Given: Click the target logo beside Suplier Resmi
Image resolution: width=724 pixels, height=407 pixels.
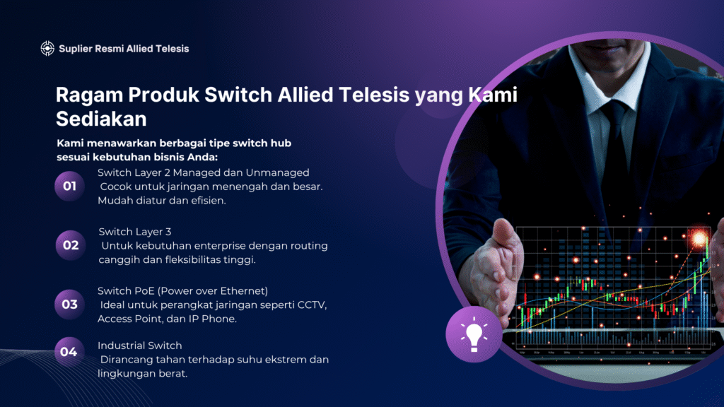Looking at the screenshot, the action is pos(47,49).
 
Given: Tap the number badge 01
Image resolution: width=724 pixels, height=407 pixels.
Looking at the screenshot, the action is pos(70,186).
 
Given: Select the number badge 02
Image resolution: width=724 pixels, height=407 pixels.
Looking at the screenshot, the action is pos(71,245).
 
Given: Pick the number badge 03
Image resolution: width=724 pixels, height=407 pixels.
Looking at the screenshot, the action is pos(70,304).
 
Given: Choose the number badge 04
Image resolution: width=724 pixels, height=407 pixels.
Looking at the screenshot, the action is pos(69,352).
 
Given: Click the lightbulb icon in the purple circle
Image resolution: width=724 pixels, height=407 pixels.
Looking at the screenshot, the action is pos(474,336).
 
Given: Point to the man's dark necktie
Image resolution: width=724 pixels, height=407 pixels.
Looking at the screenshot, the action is pos(616,138).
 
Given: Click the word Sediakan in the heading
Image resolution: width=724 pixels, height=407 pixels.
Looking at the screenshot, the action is pos(101,119).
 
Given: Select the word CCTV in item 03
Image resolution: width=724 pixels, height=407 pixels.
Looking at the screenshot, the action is pos(312,305).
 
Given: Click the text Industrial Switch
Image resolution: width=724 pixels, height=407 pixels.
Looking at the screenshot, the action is pos(139,346).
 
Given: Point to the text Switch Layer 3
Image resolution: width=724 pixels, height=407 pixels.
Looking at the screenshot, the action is pos(135,232).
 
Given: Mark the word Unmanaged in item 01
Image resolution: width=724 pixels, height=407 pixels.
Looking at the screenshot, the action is pos(277,173).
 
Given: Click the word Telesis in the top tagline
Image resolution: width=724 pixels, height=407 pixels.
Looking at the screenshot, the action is pos(173,49).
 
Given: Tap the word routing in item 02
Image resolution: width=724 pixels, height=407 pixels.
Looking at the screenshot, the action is pos(309,247).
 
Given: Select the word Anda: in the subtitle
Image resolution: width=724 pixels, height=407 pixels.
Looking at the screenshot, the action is pos(202,158).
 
